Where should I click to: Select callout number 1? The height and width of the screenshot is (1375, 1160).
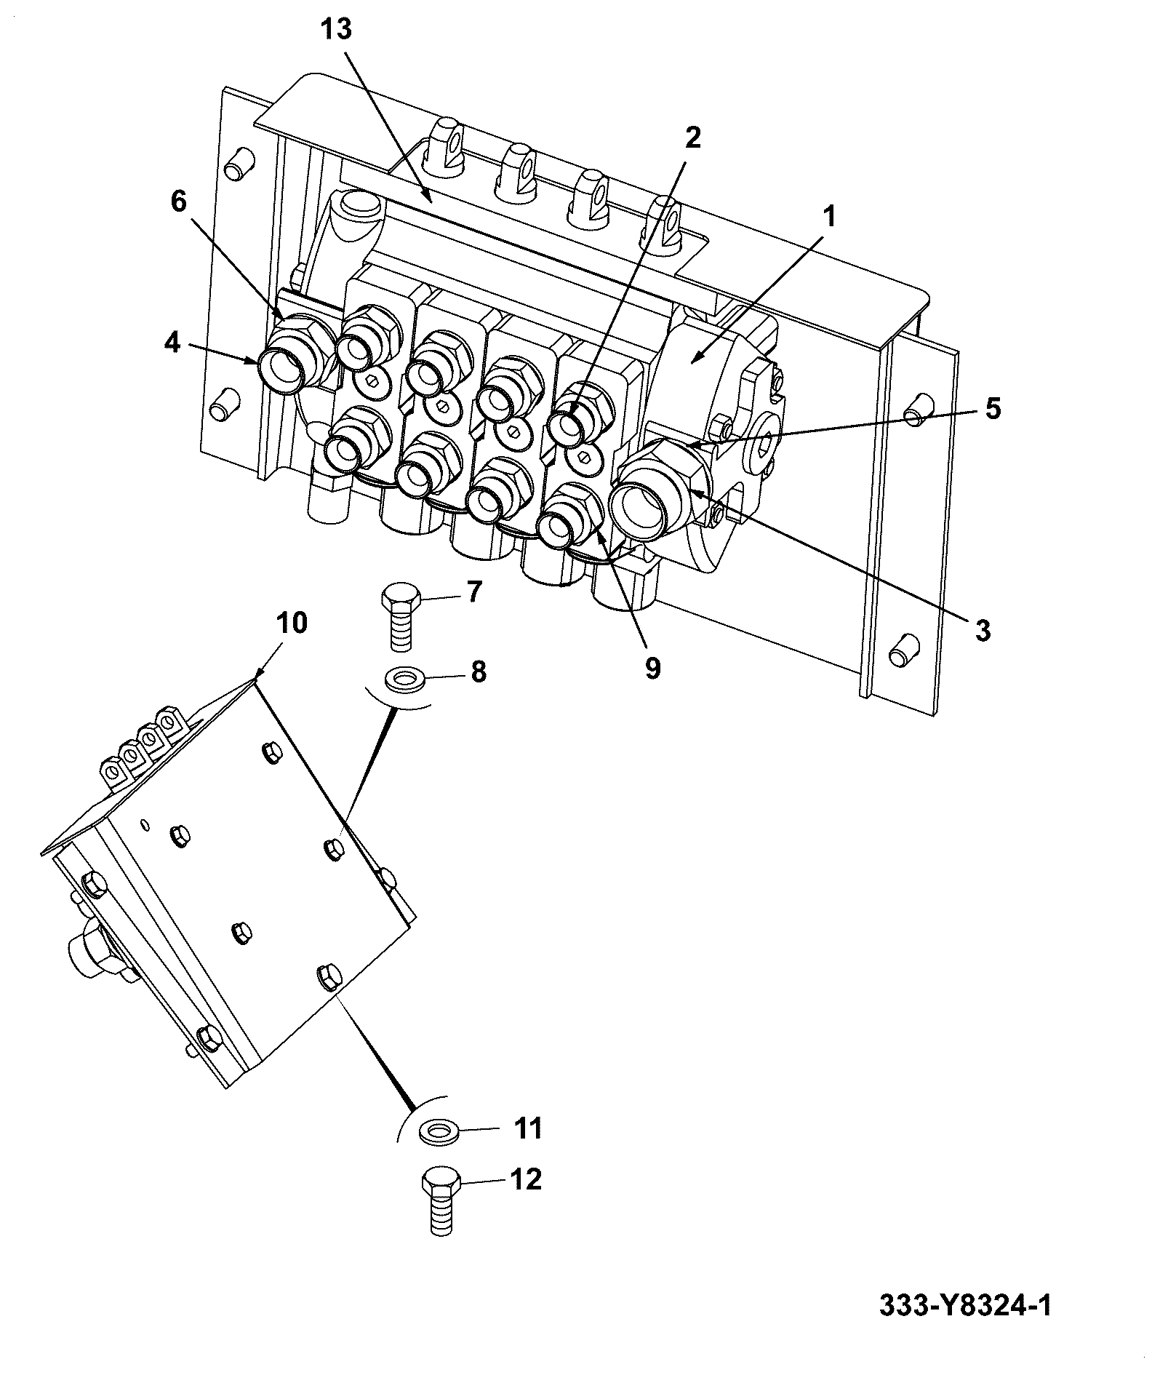830,217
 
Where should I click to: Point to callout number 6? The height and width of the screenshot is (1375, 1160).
178,201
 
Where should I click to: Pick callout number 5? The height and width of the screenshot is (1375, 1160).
993,408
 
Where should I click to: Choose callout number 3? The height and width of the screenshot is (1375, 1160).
983,630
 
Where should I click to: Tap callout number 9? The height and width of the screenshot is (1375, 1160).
652,667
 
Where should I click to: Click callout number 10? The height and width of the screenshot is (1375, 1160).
291,623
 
